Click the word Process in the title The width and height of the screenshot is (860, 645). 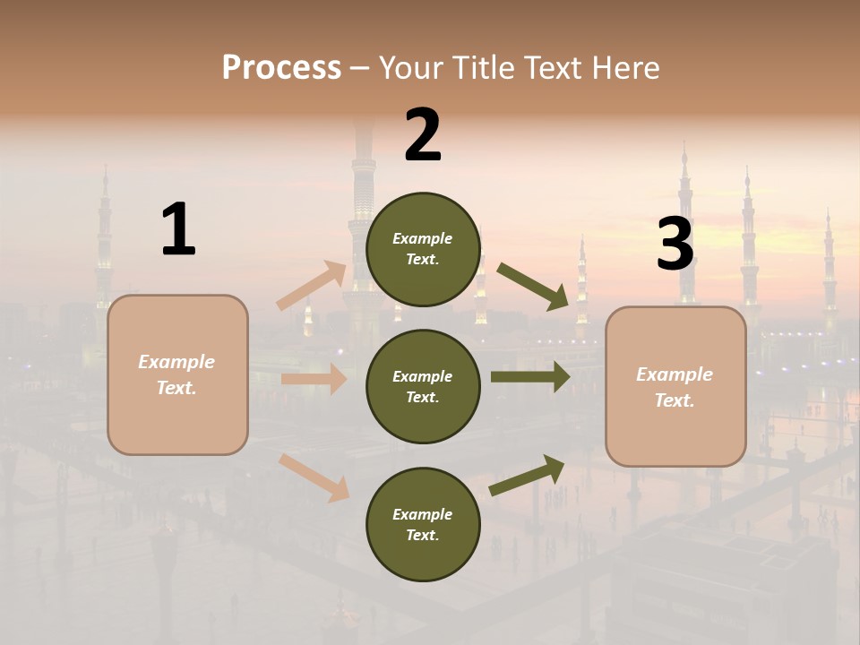click(281, 68)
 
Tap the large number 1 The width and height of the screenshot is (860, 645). click(178, 229)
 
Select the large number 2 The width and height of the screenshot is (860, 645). click(423, 134)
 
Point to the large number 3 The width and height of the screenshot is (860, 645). click(675, 245)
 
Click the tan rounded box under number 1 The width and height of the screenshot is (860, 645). click(177, 374)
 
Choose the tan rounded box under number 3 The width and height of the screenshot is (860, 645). click(675, 387)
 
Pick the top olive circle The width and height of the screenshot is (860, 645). click(423, 249)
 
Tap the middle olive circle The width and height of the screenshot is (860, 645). click(423, 386)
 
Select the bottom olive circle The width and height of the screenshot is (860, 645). click(423, 524)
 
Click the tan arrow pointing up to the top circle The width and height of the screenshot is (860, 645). click(312, 285)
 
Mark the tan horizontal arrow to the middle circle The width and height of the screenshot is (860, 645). click(314, 379)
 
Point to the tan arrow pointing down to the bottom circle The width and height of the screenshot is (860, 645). click(314, 477)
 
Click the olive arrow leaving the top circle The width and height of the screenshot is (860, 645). click(533, 286)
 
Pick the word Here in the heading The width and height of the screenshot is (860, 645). click(625, 68)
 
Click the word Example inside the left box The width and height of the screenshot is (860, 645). click(176, 362)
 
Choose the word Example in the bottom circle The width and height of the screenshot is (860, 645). click(423, 514)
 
